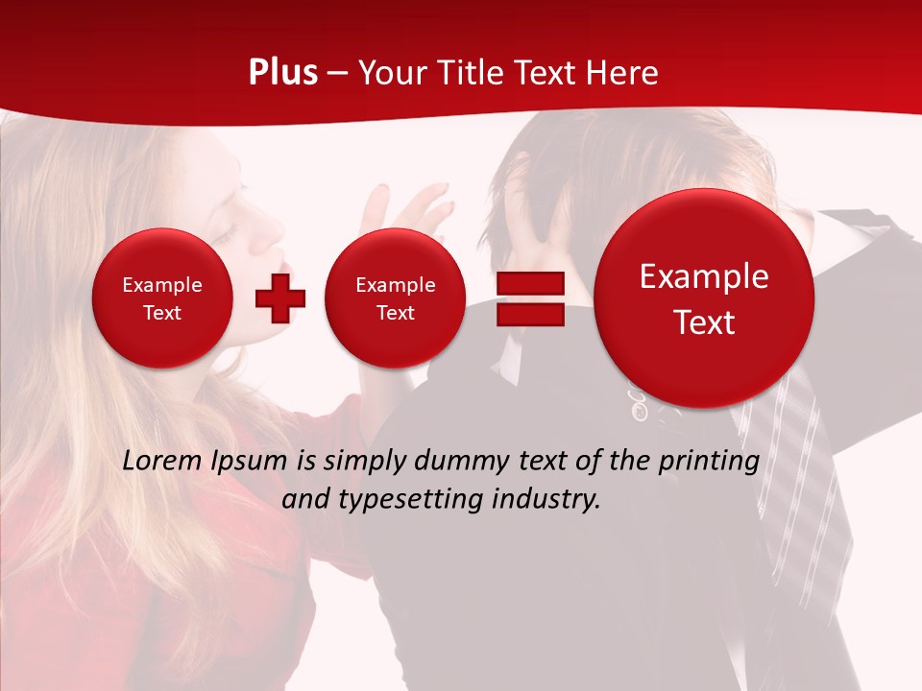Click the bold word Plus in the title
(282, 73)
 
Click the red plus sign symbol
(280, 298)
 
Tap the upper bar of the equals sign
(530, 283)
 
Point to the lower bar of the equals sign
(530, 314)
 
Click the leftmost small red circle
(161, 298)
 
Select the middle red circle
(395, 298)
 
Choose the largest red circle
(704, 298)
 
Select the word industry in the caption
(547, 499)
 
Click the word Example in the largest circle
(704, 276)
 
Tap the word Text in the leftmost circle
(161, 313)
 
